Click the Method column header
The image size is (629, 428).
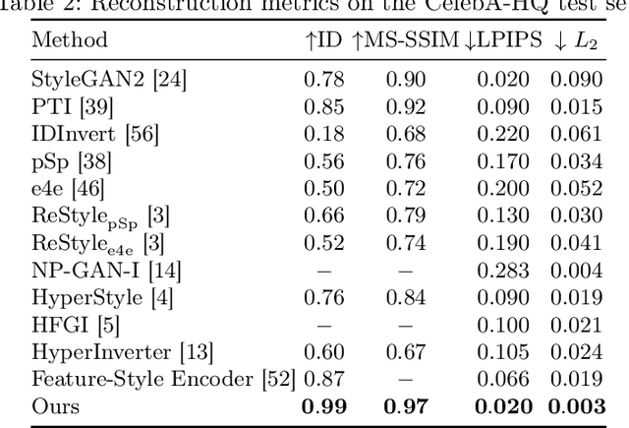[70, 41]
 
